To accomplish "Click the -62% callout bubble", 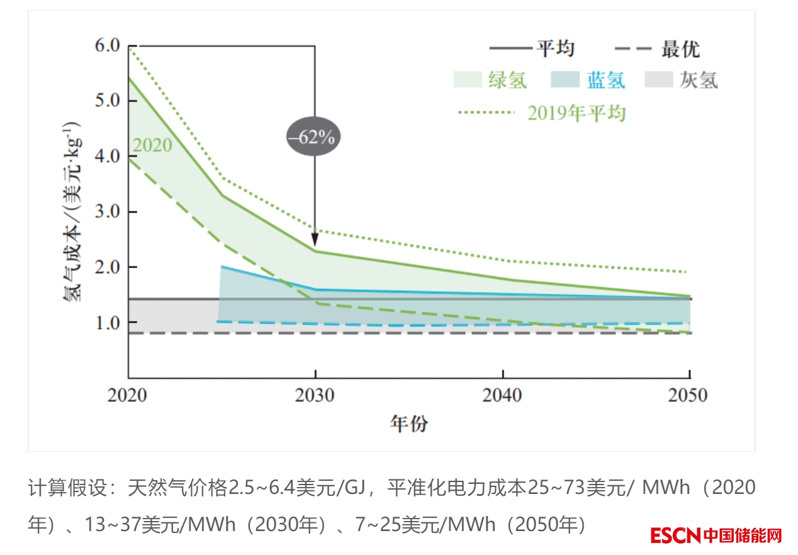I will point(313,137).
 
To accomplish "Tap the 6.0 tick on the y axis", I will point(106,46).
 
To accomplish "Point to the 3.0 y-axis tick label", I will point(106,211).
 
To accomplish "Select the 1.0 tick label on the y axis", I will point(106,322).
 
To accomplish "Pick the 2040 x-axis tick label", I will point(502,395).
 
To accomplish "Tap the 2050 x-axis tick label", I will point(688,395).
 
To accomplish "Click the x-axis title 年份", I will point(408,423).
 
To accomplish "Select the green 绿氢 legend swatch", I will point(467,80).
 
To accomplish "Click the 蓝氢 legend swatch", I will point(565,80).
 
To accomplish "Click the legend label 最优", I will point(680,49).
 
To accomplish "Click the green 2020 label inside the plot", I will point(152,145).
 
